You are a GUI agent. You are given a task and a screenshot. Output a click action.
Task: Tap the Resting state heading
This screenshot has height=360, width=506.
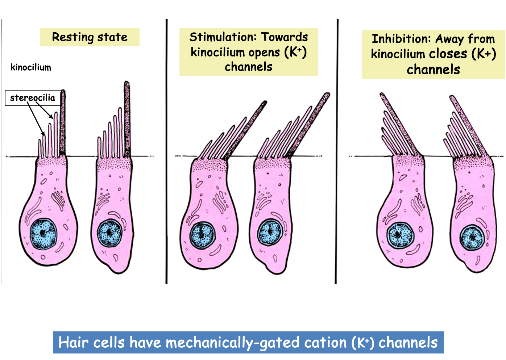(90, 37)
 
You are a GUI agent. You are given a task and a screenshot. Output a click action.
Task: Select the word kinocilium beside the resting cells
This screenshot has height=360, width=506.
(31, 67)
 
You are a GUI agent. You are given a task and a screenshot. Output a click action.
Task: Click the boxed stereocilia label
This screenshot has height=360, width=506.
(33, 98)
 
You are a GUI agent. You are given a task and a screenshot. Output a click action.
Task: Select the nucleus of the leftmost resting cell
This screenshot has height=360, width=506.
(43, 234)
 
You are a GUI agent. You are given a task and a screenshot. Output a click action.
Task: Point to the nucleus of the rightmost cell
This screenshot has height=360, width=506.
(472, 238)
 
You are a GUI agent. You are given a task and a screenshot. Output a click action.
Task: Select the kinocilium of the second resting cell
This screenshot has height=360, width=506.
(127, 116)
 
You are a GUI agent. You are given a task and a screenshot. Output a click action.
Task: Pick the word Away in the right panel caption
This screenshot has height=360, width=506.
(449, 39)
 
